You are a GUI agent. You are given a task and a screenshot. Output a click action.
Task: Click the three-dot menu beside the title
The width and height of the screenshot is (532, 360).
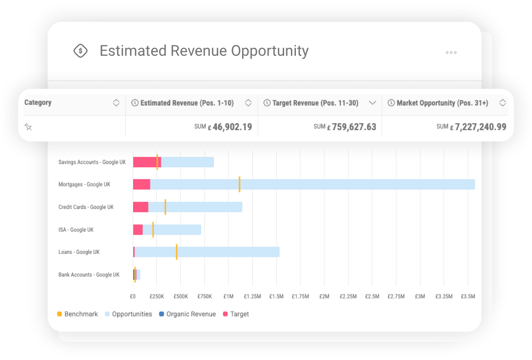[x=451, y=53]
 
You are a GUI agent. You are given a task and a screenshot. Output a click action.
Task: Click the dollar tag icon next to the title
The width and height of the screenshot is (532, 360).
[x=80, y=51]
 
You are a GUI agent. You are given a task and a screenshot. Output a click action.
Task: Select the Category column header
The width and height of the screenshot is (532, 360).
[x=38, y=102]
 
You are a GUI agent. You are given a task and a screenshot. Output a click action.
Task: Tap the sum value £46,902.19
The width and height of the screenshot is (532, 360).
[x=232, y=127]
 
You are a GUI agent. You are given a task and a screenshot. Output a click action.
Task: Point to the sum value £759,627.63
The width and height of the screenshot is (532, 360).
[x=354, y=127]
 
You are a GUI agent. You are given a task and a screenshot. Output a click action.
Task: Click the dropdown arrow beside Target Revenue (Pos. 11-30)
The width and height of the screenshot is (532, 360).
[x=372, y=103]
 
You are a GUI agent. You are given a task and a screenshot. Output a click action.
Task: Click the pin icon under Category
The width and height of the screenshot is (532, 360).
[x=28, y=127]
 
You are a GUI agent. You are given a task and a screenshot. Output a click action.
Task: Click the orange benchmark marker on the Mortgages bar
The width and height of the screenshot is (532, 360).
[x=239, y=184]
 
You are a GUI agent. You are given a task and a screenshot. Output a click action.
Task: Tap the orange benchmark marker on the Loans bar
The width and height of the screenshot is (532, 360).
[x=176, y=252]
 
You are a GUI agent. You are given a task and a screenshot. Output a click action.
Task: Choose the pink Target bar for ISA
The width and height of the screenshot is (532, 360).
[x=138, y=229]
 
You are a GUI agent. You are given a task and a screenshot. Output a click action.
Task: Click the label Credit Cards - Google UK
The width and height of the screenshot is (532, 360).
[x=86, y=207]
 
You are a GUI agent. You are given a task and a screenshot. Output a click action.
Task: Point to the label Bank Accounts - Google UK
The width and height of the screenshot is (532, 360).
[x=89, y=275]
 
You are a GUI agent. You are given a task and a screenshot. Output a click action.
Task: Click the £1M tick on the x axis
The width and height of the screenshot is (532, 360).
[x=228, y=297]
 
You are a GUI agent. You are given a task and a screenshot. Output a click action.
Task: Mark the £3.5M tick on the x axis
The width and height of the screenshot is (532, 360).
[x=468, y=297]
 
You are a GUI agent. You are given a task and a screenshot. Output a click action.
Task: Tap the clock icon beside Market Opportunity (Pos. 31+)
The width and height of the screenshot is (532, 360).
[x=391, y=103]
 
